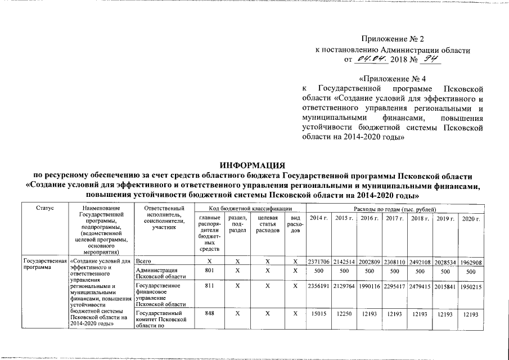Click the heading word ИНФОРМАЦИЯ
point(255,165)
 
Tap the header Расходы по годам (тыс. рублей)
point(394,208)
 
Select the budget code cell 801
point(210,271)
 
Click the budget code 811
point(210,286)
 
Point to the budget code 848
point(210,313)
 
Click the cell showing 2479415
point(419,286)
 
